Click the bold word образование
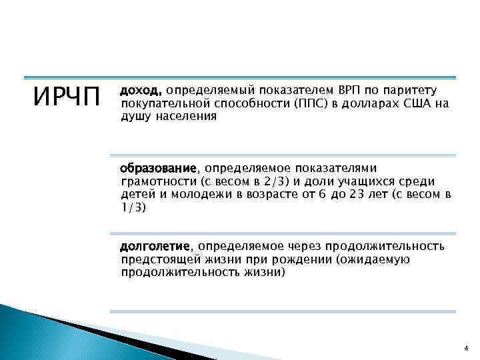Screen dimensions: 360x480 coord(159,167)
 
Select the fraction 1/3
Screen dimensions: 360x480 coord(132,207)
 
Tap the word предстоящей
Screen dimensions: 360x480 coord(160,259)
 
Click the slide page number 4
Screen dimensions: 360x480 coord(465,347)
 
